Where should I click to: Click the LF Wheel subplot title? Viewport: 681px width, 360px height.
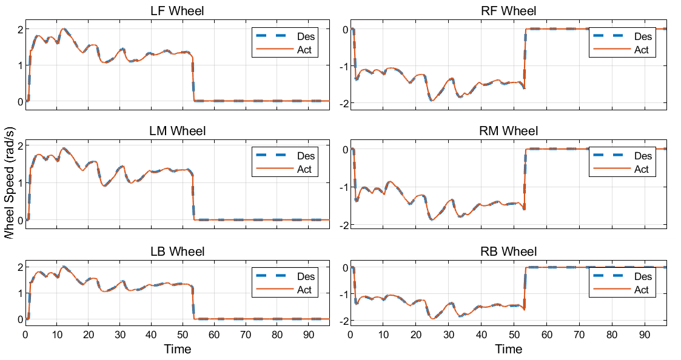[177, 11]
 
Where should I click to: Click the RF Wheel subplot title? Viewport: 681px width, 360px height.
[508, 11]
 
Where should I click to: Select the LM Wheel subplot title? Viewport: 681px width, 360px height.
[177, 131]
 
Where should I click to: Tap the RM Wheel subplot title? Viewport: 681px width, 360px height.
[508, 131]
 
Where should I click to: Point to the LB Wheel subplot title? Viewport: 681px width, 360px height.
[177, 252]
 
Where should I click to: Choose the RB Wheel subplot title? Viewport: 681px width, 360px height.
[508, 252]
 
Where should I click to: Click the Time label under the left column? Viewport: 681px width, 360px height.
[177, 349]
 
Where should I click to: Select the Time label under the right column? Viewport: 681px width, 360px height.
[508, 349]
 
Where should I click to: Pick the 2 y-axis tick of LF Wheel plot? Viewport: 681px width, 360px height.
[20, 30]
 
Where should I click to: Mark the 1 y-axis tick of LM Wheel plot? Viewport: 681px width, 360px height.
[20, 182]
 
